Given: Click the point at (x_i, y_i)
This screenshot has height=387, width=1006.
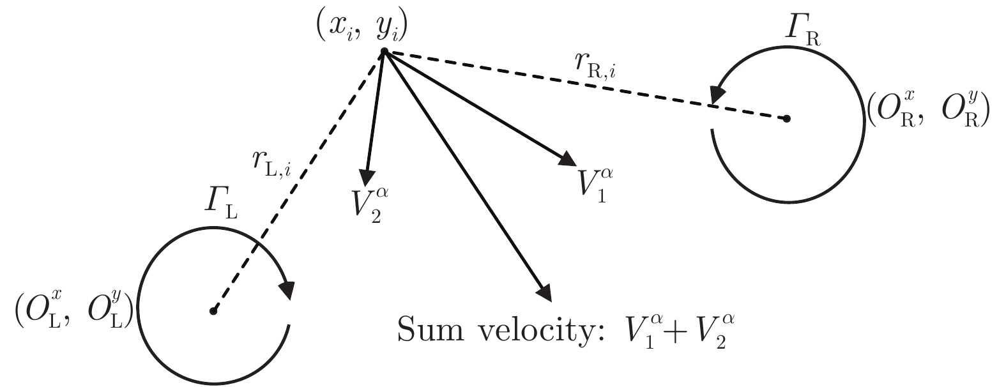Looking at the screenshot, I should (384, 52).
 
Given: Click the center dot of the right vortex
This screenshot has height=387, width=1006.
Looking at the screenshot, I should (787, 118).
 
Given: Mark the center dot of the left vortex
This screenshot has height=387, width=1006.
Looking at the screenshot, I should (213, 312).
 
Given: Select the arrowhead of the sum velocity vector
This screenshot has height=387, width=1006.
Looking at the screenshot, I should (544, 292).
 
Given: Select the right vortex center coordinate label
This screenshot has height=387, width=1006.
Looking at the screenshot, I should (927, 112).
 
